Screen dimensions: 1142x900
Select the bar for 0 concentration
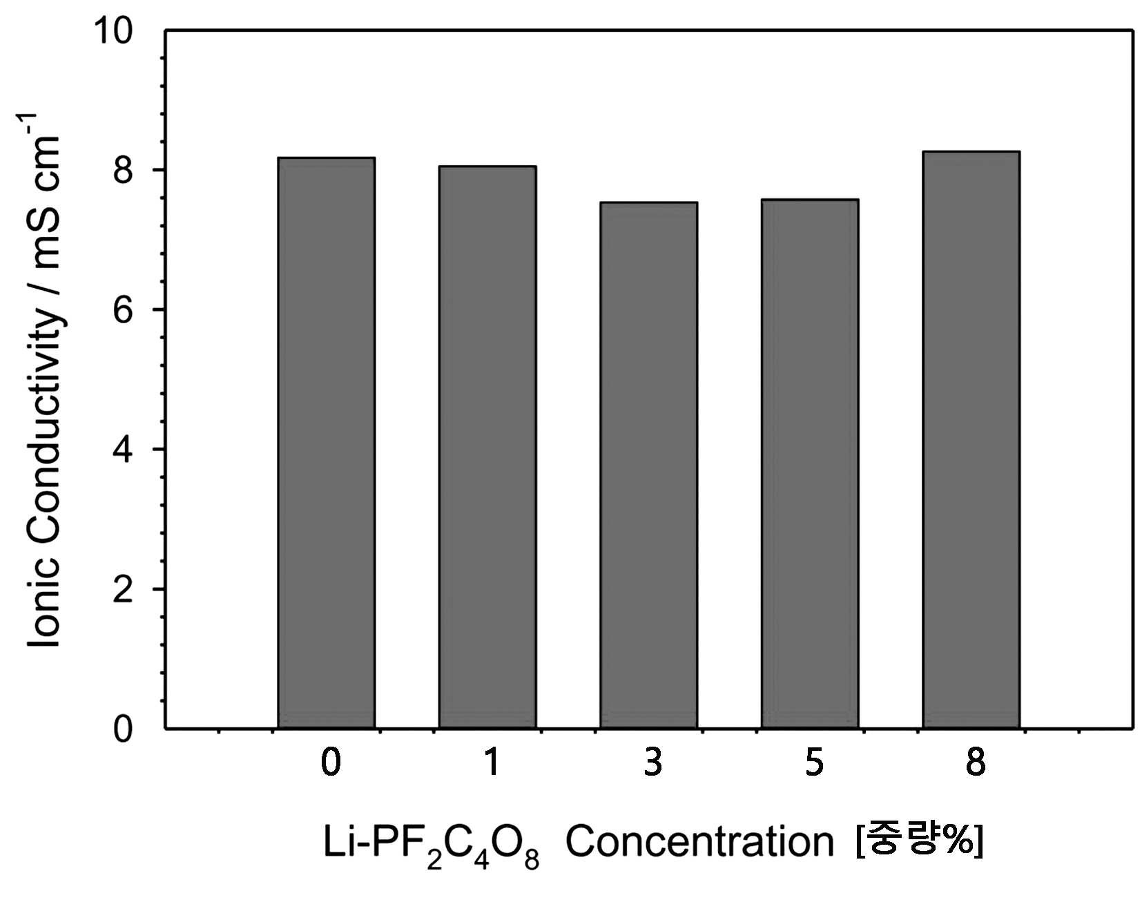(x=326, y=443)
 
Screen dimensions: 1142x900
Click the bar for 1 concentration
(x=487, y=447)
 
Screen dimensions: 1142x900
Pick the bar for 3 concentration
(x=648, y=465)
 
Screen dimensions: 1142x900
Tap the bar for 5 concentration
(x=810, y=463)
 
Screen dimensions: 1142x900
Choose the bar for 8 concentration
(x=971, y=439)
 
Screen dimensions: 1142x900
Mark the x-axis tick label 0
(x=331, y=763)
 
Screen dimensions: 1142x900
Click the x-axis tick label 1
(x=491, y=763)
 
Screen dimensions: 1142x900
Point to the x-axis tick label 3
(x=653, y=763)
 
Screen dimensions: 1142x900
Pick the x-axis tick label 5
(x=815, y=763)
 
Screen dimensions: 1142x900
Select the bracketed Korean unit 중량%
(x=919, y=840)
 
